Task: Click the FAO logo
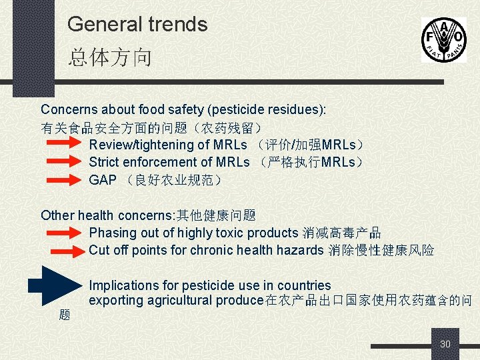pos(443,39)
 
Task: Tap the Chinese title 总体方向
pos(110,57)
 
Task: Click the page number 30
pos(445,344)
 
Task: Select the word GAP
pos(103,180)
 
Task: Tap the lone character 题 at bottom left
pos(65,315)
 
